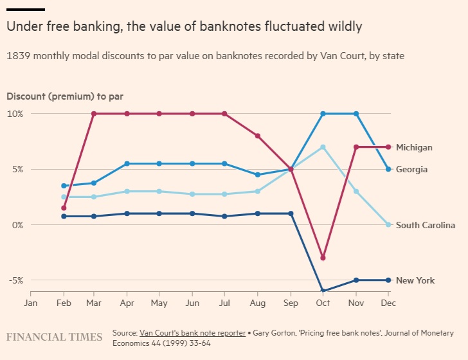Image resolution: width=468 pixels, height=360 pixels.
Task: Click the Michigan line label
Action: click(x=414, y=147)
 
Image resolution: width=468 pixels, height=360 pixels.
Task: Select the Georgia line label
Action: click(x=411, y=170)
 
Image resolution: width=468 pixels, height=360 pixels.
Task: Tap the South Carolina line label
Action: click(x=425, y=225)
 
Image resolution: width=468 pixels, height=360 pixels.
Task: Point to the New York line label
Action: click(x=415, y=280)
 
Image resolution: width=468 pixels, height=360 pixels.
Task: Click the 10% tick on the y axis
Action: click(x=15, y=114)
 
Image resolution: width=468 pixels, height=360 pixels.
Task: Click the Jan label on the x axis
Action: click(x=31, y=302)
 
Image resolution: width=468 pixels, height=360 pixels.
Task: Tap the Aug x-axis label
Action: click(x=257, y=302)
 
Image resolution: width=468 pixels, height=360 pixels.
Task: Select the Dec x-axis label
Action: click(x=388, y=302)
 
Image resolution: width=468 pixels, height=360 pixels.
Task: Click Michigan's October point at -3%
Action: click(x=323, y=258)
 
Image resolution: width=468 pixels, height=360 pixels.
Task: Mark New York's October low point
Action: click(x=323, y=291)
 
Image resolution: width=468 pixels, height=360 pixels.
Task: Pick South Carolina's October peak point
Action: click(x=323, y=147)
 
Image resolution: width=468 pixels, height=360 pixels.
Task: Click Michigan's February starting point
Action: click(x=64, y=208)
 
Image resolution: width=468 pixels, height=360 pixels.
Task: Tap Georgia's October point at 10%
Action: click(x=323, y=114)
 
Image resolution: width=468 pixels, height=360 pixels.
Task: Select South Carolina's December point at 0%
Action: click(x=388, y=225)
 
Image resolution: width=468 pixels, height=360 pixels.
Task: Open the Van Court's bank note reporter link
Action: click(x=192, y=333)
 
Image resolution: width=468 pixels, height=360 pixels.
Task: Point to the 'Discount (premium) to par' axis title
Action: click(x=64, y=96)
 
